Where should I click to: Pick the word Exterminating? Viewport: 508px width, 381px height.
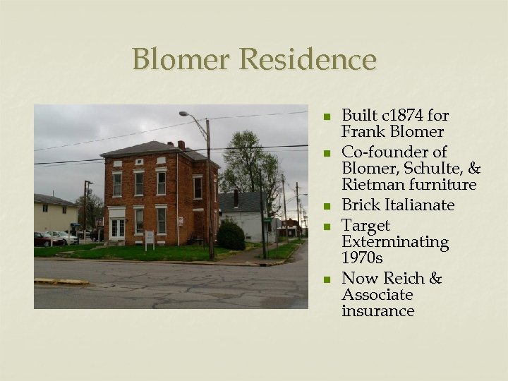(395, 242)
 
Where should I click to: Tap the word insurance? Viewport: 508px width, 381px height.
(377, 311)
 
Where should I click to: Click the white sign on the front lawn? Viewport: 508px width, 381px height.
(150, 236)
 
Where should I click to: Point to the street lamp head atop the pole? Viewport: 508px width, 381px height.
(183, 114)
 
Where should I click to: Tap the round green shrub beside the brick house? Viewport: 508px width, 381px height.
(231, 235)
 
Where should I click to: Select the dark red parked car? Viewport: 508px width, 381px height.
(47, 239)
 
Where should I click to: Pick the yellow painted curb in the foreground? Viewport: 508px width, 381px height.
(61, 281)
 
